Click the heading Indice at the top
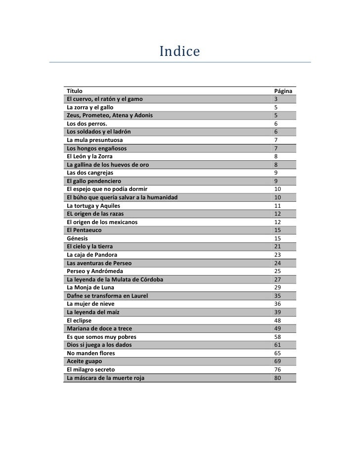coord(179,51)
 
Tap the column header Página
coord(283,91)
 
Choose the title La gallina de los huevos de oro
coord(107,164)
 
